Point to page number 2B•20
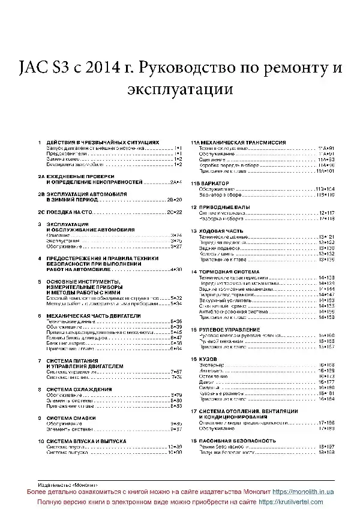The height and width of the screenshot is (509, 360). point(174,199)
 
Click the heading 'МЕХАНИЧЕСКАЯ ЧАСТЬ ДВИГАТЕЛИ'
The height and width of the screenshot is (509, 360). point(93,315)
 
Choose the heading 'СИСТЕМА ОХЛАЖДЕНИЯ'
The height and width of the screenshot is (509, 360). point(79,389)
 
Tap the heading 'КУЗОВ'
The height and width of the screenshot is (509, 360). point(208,359)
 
